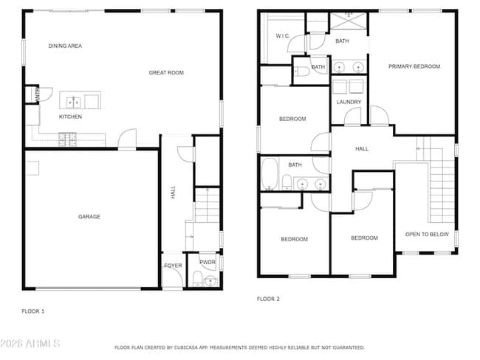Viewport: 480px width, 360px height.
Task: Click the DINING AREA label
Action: pyautogui.click(x=65, y=46)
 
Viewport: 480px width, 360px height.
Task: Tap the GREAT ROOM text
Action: pyautogui.click(x=166, y=72)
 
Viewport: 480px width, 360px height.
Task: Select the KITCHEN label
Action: pyautogui.click(x=70, y=117)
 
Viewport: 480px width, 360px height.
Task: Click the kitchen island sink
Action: pyautogui.click(x=73, y=102)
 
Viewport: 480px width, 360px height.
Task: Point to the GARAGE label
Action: pyautogui.click(x=89, y=216)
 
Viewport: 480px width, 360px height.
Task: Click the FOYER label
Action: pyautogui.click(x=172, y=265)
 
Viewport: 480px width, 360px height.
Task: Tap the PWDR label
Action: pyautogui.click(x=207, y=262)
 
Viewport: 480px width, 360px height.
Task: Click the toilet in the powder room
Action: pyautogui.click(x=197, y=278)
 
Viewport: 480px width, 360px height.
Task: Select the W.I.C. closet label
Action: pyautogui.click(x=283, y=35)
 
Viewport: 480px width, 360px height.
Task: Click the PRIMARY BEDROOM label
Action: pyautogui.click(x=414, y=66)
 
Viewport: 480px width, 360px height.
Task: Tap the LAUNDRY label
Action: pyautogui.click(x=349, y=102)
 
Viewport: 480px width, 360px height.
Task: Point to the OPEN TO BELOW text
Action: pyautogui.click(x=427, y=235)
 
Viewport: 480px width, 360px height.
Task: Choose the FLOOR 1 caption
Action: pyautogui.click(x=32, y=311)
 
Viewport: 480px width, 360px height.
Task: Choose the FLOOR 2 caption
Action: pyautogui.click(x=268, y=299)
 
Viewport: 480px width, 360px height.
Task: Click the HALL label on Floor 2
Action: pyautogui.click(x=362, y=148)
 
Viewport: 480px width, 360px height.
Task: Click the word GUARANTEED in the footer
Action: pyautogui.click(x=346, y=347)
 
